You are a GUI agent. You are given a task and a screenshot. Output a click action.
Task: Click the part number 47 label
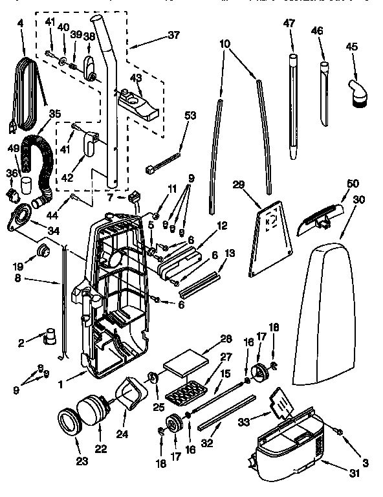pyautogui.click(x=289, y=23)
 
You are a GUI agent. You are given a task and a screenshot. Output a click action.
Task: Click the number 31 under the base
pyautogui.click(x=353, y=474)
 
